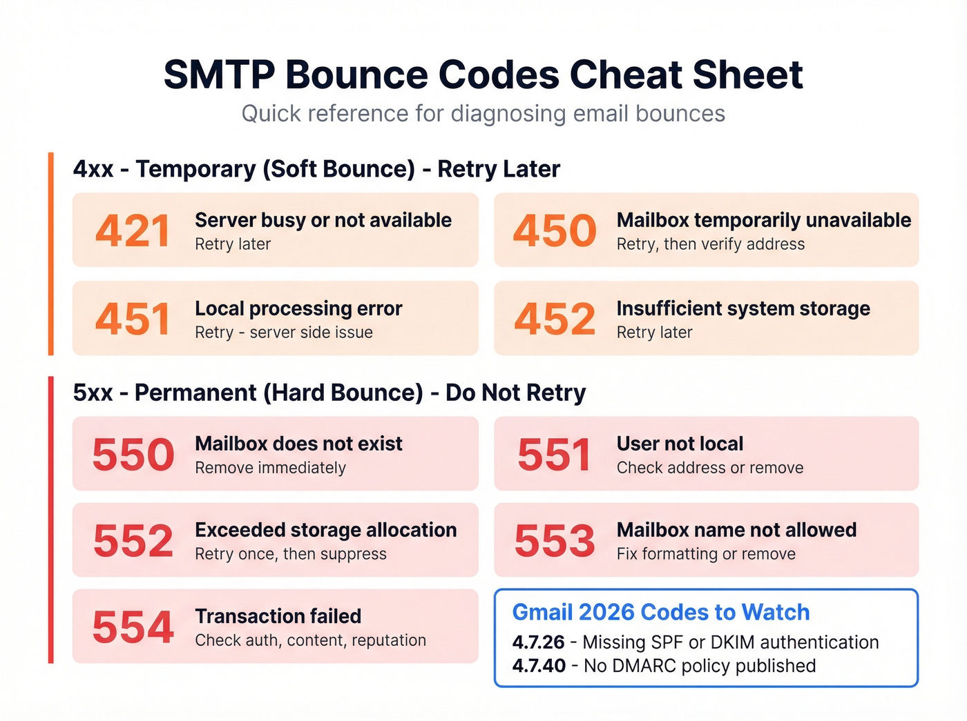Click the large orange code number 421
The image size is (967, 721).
133,230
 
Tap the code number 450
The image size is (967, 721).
554,230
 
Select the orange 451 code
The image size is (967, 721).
133,319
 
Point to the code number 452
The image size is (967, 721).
554,319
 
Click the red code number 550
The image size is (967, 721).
133,455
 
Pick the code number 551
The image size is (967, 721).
554,455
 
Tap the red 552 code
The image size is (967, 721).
133,541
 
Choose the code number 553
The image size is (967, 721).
554,541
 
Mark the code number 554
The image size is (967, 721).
133,627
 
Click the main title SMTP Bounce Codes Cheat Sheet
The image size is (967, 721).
483,75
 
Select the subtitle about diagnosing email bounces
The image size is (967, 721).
483,114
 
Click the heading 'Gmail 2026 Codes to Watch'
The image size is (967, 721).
660,612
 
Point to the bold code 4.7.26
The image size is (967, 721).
538,642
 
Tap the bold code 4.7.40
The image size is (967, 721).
539,666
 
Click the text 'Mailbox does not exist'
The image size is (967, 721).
298,444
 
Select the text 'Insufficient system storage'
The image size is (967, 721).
743,308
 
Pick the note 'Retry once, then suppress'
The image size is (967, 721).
290,554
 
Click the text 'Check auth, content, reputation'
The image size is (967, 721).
310,640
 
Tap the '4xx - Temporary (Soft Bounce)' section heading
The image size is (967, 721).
316,169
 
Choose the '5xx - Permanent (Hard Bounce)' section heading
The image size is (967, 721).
329,393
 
